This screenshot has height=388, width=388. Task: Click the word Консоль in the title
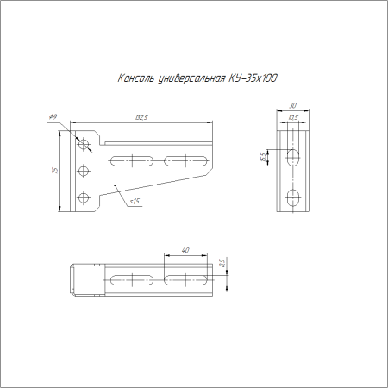[136, 79]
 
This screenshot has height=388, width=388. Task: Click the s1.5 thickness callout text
[135, 201]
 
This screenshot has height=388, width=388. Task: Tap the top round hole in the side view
[84, 142]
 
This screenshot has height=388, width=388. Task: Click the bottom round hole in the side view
[84, 198]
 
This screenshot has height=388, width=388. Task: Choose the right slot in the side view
[186, 159]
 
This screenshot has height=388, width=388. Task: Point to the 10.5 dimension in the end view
[293, 118]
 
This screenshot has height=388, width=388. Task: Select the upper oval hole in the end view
[293, 158]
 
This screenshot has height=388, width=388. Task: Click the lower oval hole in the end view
[293, 197]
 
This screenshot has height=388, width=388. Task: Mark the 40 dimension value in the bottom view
[185, 251]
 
